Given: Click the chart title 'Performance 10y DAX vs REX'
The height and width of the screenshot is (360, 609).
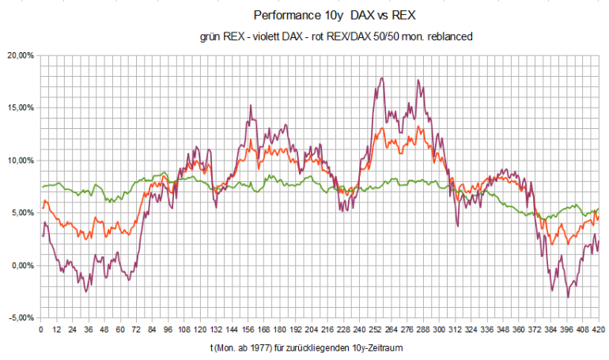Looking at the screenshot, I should coord(335,16).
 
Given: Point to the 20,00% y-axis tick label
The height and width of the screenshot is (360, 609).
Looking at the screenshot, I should coord(19,55).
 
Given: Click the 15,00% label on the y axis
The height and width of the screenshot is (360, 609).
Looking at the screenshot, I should coord(19,108).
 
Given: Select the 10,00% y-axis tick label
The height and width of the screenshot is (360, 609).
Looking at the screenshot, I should coord(19,161).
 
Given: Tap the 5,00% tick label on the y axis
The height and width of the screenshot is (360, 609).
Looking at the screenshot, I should coord(21,213).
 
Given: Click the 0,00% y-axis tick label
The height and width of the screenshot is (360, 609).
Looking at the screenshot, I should coord(21,265).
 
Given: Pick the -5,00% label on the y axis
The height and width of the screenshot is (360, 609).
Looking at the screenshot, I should coord(20,317).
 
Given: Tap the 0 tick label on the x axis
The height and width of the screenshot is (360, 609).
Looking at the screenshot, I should coord(40,329).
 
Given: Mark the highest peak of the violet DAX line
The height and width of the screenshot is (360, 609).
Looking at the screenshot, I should coord(382,78).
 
